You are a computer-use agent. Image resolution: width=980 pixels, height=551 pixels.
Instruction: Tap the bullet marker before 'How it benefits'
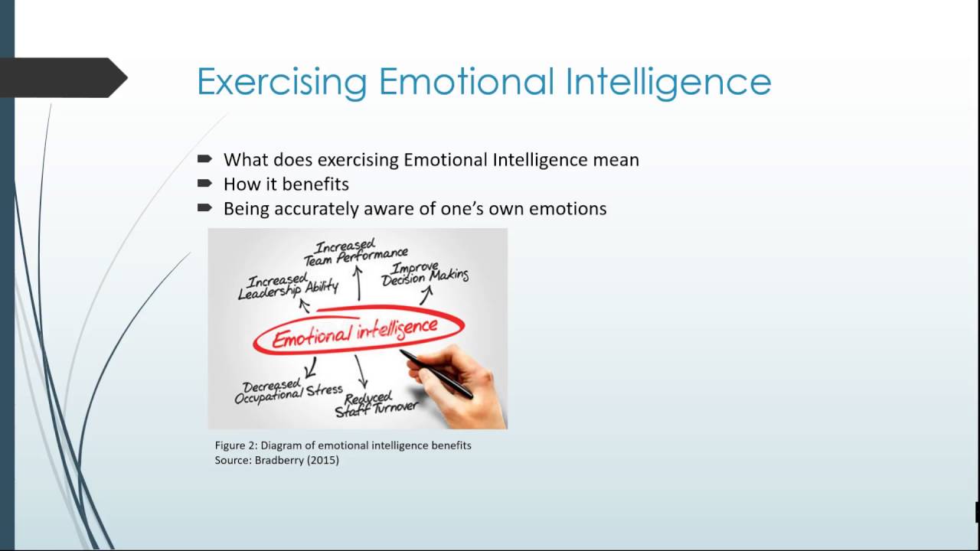click(204, 183)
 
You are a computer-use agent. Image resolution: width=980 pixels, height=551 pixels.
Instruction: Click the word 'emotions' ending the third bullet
click(570, 208)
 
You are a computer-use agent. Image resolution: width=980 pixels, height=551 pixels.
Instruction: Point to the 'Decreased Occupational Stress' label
click(288, 391)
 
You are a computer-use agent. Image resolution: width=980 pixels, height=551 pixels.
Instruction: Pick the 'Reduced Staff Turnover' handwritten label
click(375, 403)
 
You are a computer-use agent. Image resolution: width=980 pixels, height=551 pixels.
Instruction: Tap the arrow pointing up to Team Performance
click(358, 281)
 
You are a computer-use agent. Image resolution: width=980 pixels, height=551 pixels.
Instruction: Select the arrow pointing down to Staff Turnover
click(361, 372)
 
